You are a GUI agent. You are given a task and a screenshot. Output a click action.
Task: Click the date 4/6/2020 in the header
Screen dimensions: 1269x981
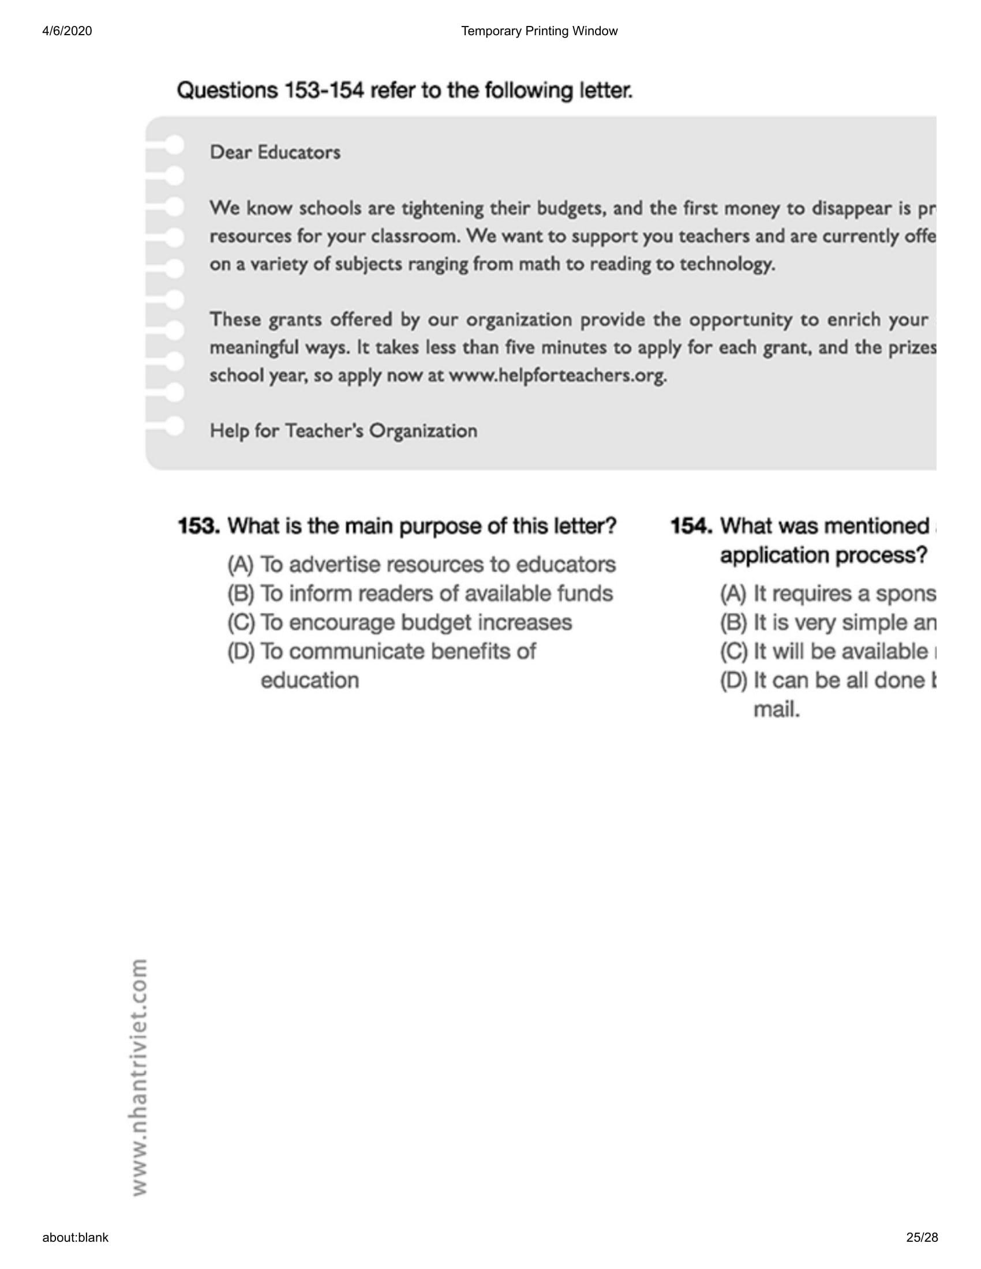67,31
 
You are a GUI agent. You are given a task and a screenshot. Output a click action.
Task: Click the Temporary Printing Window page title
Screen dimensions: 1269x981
539,31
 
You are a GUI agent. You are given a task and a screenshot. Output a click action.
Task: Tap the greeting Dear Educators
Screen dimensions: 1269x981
275,152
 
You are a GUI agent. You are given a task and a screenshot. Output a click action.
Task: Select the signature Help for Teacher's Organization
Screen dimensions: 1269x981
343,430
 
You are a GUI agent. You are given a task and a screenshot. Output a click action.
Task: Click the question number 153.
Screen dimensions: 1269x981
198,526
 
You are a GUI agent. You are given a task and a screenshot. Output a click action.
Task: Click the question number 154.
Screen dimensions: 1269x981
691,526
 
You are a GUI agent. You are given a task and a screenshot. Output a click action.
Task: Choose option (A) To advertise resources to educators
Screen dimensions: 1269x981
421,564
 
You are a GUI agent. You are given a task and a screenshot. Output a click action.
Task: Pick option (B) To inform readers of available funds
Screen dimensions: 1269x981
420,593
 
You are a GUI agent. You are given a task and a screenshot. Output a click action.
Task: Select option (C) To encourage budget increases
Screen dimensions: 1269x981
399,622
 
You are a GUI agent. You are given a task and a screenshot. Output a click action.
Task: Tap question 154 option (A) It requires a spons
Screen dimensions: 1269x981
828,593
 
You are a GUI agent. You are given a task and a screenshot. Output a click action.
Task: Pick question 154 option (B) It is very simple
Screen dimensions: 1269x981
828,622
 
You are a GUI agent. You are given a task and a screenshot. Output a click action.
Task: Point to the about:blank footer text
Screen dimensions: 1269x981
75,1238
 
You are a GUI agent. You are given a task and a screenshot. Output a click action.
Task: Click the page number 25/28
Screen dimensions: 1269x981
922,1238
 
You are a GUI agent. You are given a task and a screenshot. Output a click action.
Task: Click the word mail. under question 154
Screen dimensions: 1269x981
776,709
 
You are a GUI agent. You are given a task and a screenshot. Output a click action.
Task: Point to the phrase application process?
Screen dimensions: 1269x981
823,555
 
